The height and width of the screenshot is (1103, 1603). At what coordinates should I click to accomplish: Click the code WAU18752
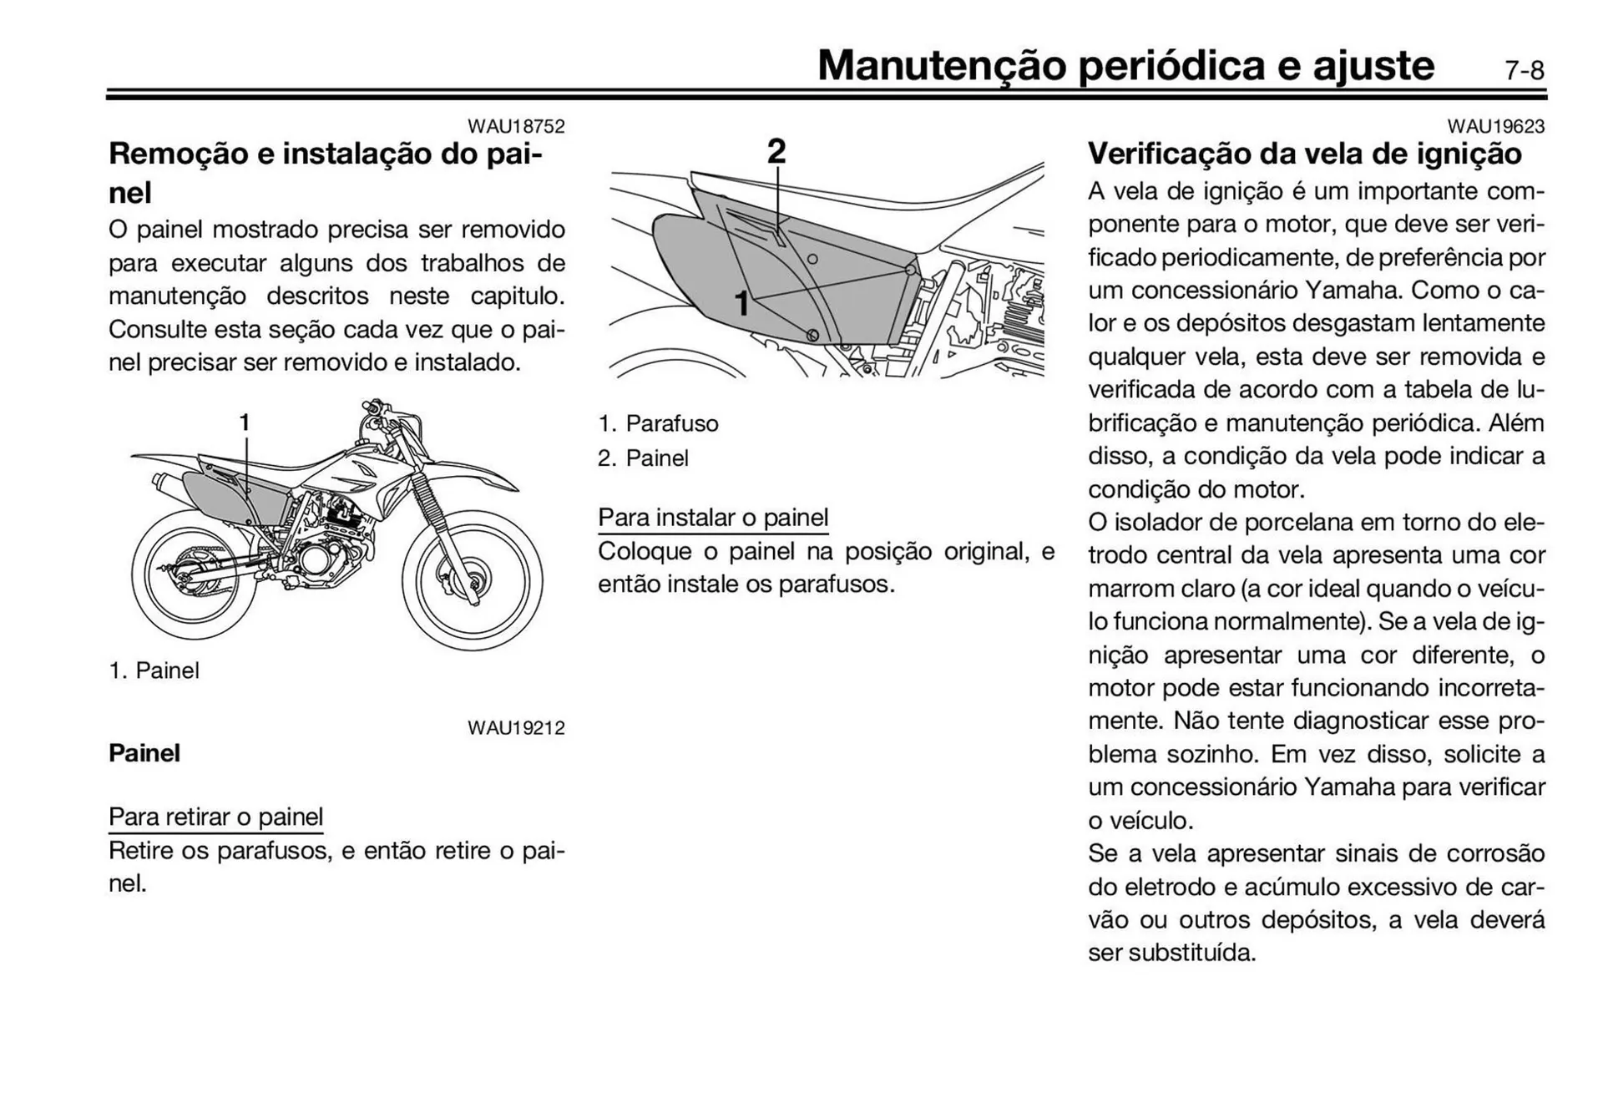(x=516, y=127)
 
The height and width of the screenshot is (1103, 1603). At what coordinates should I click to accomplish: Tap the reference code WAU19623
(x=1495, y=127)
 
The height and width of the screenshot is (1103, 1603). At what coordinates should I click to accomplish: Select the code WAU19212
(x=516, y=728)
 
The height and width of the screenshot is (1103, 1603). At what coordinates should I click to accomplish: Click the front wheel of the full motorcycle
(x=473, y=581)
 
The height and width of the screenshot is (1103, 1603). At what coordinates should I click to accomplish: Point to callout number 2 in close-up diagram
(x=776, y=152)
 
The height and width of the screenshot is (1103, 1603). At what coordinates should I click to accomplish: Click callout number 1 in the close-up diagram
(x=741, y=304)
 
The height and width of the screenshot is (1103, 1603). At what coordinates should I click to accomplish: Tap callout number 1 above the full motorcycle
(x=245, y=422)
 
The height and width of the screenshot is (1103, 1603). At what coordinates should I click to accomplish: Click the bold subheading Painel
(x=144, y=753)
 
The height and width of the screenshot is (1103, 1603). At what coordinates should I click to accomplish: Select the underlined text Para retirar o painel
(x=215, y=817)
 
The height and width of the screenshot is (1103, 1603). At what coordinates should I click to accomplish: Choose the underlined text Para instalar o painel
(x=713, y=518)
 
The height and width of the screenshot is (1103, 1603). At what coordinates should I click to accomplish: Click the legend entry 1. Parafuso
(x=658, y=424)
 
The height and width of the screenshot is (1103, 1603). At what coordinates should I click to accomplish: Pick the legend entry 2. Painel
(x=643, y=458)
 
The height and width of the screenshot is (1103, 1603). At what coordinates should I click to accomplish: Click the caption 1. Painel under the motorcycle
(x=154, y=671)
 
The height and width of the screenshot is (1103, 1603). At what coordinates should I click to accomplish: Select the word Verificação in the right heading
(x=1171, y=154)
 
